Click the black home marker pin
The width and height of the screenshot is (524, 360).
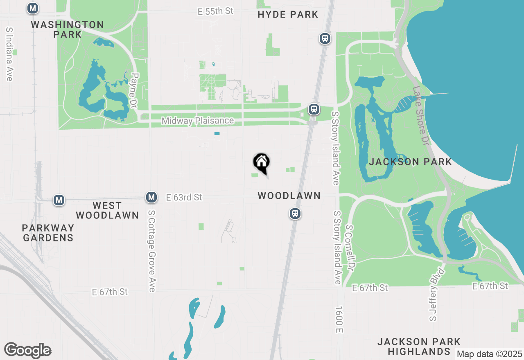(x=261, y=163)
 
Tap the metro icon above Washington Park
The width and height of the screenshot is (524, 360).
(x=33, y=8)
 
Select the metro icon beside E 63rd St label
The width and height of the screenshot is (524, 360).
(x=151, y=197)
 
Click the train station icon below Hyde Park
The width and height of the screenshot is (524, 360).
(x=325, y=38)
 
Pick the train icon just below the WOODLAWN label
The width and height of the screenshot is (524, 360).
(x=295, y=213)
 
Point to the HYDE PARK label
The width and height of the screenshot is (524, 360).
(x=288, y=15)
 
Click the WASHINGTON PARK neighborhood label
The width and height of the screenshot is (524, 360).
(x=68, y=29)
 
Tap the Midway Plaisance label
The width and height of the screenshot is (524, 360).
(x=198, y=121)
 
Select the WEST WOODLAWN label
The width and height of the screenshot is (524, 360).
(x=107, y=210)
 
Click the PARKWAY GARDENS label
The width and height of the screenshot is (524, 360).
(x=48, y=233)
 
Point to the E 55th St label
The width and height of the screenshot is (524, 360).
(x=215, y=11)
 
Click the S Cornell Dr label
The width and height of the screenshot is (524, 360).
(x=350, y=248)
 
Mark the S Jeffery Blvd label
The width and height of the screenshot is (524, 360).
(x=436, y=294)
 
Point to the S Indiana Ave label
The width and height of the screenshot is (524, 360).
(x=9, y=54)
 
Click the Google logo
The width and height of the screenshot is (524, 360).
(x=27, y=350)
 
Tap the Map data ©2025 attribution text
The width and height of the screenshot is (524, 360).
(x=489, y=354)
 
